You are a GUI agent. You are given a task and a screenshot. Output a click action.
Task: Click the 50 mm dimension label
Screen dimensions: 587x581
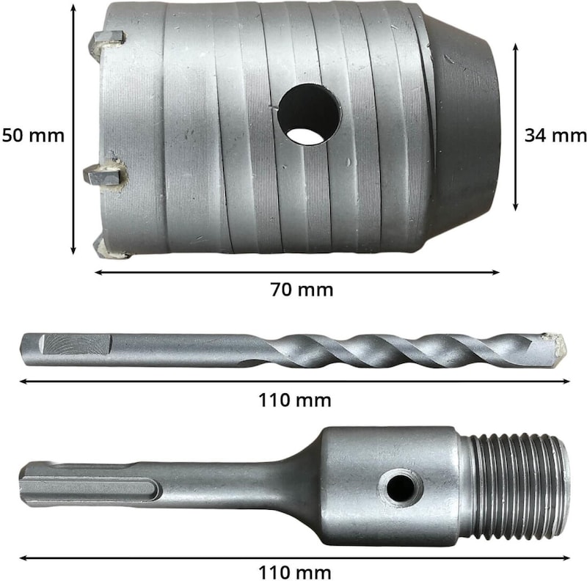coord(33,136)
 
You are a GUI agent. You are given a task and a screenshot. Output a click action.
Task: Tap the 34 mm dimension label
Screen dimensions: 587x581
coord(555,136)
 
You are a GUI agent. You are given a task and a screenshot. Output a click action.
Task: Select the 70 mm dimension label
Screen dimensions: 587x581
coord(302,290)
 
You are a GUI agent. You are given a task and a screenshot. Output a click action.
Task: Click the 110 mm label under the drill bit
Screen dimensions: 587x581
coord(295,401)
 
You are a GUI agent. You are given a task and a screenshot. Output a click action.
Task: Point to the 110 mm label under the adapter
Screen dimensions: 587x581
coord(295,573)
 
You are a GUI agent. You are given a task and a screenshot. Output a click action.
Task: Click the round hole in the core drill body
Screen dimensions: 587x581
coord(309,114)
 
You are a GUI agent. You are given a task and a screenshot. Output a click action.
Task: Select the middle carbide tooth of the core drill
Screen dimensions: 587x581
coord(105,174)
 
